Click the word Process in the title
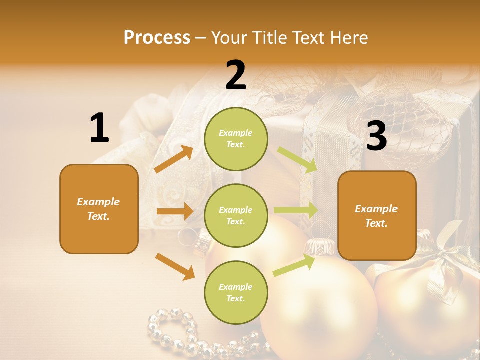coord(157,37)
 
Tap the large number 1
coord(99,128)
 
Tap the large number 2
coord(236,75)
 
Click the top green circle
coord(236,139)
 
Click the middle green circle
coord(236,215)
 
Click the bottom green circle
coord(236,292)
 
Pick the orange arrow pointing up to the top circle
coord(174,159)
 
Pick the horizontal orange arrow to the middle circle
coord(175,211)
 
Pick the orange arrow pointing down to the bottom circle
coord(175,266)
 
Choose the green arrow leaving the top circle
coord(298,160)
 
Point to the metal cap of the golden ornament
coord(320,246)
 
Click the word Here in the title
coord(350,37)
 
